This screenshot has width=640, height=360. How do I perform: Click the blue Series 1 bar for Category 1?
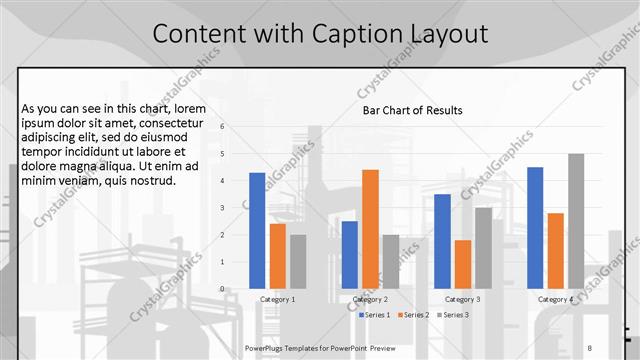[x=257, y=231]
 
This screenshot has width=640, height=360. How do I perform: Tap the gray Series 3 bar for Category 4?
[x=576, y=221]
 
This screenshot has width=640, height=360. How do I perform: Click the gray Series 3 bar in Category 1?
[x=298, y=262]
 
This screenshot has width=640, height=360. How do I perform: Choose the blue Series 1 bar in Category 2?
[x=349, y=255]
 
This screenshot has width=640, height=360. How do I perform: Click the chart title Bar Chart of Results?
[x=412, y=110]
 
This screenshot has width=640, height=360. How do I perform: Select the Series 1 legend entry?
[x=377, y=315]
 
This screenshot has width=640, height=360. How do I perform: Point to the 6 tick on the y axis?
[x=237, y=127]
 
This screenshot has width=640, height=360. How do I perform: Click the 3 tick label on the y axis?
[x=237, y=208]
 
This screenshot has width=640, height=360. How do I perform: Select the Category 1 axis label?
[x=277, y=299]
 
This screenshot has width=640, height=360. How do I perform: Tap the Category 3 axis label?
[x=462, y=299]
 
